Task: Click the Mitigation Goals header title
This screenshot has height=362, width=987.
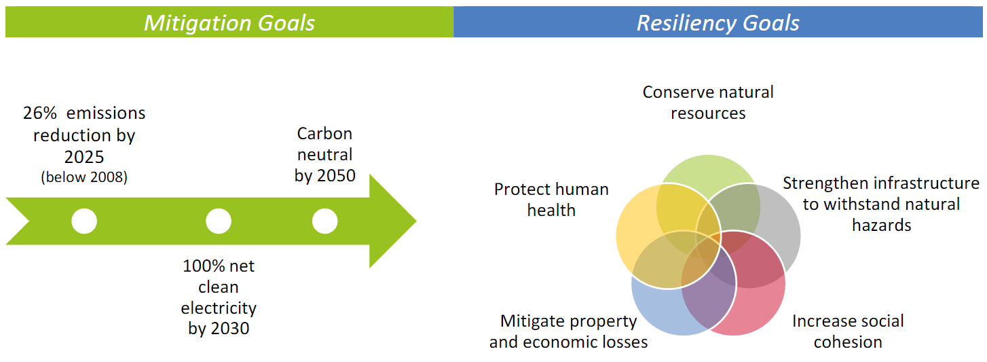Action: click(x=229, y=22)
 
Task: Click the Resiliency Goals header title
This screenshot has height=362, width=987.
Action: click(x=718, y=22)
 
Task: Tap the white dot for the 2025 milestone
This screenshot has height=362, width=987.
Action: click(x=84, y=221)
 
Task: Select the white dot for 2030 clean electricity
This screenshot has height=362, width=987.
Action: click(x=219, y=221)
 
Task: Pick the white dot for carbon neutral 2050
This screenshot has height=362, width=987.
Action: click(x=324, y=221)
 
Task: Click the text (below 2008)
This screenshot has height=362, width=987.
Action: click(x=84, y=178)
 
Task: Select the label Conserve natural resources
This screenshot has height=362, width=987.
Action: click(x=708, y=102)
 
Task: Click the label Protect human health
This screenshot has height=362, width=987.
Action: click(x=551, y=200)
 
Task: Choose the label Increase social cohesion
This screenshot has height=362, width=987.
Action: click(x=848, y=331)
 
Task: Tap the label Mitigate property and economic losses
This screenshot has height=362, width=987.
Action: click(x=568, y=331)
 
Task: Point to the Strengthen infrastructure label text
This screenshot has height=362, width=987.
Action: click(x=881, y=204)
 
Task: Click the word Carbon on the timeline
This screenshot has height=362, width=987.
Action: click(x=324, y=133)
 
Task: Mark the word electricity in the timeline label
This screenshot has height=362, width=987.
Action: click(x=219, y=308)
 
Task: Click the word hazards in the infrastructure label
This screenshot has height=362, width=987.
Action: click(x=881, y=225)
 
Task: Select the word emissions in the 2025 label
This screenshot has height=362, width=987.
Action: click(x=106, y=113)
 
